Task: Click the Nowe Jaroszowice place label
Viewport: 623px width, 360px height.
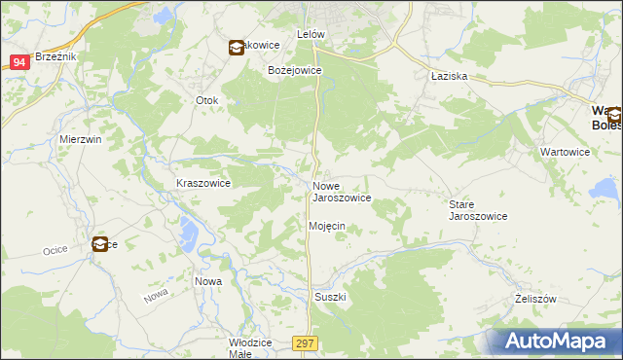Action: [x=341, y=192]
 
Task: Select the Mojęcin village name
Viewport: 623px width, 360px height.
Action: [x=327, y=226]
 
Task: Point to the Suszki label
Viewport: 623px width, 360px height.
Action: [x=330, y=297]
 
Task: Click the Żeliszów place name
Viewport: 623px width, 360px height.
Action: [x=535, y=300]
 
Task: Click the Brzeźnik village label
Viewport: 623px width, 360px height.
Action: [x=54, y=56]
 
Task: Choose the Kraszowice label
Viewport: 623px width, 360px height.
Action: [x=202, y=183]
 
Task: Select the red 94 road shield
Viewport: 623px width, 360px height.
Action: [x=19, y=61]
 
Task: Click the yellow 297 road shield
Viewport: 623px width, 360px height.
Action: [x=306, y=342]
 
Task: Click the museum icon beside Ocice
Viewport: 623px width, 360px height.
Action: [x=100, y=244]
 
